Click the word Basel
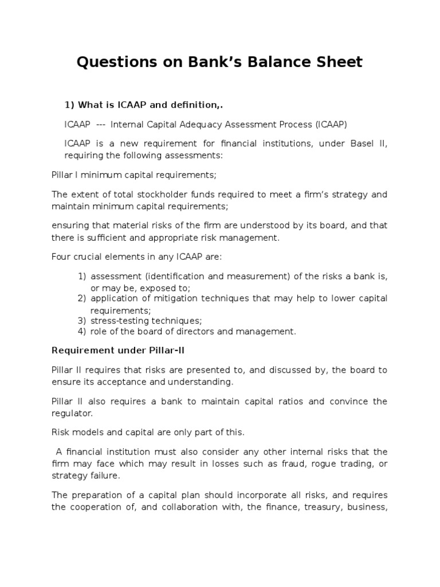(359, 143)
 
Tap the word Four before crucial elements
(61, 257)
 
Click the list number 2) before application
(82, 298)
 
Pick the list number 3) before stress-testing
(82, 320)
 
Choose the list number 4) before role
(82, 331)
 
